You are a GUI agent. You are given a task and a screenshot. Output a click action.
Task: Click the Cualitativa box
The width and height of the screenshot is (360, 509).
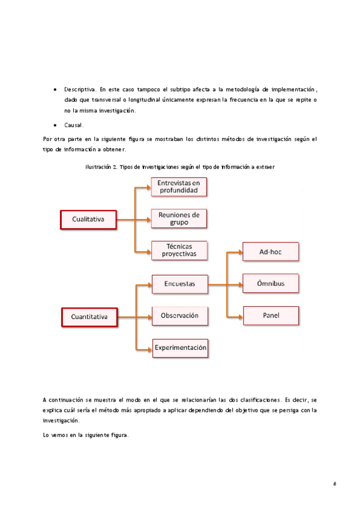point(88,220)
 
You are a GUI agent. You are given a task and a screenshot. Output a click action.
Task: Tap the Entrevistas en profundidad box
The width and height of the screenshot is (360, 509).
point(179,187)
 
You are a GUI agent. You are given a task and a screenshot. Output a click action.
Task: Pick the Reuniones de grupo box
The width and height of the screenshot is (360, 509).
point(179,218)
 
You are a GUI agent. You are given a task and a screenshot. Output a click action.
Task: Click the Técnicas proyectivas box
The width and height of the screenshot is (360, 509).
point(179,250)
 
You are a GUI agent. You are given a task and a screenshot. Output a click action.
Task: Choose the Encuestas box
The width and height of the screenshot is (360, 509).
point(179,285)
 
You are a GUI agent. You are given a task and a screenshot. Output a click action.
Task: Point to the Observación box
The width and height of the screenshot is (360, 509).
point(179,316)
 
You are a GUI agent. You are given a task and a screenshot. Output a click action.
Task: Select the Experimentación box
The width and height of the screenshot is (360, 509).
point(180,348)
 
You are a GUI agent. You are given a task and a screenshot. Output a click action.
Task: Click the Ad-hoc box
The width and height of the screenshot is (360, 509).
point(271,251)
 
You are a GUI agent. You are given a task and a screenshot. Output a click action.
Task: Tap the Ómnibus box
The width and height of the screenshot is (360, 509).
point(271,283)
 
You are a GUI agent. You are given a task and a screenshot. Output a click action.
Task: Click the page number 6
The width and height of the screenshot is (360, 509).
point(334,482)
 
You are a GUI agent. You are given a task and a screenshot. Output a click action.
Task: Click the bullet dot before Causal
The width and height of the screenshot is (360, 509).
point(55,125)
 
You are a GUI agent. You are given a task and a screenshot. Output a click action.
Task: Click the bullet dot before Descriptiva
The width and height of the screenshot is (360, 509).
point(55,89)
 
